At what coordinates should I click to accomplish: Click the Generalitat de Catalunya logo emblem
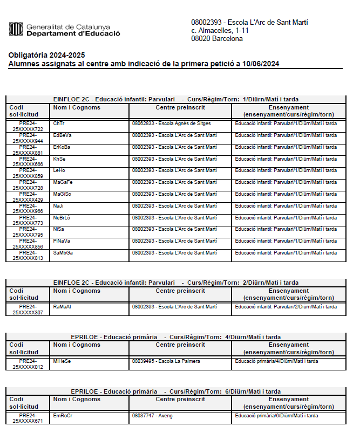click(16, 29)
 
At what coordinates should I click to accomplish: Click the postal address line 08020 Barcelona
click(217, 39)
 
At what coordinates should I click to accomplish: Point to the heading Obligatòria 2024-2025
click(46, 56)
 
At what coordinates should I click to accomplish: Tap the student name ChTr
click(58, 123)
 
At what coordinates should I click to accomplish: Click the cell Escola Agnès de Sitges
click(172, 123)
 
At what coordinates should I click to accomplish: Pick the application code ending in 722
click(28, 126)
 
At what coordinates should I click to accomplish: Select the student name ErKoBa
click(62, 147)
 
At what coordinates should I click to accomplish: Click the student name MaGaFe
click(63, 182)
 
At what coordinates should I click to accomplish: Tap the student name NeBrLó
click(62, 217)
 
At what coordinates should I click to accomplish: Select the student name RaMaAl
click(62, 306)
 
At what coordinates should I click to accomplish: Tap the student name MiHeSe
click(62, 361)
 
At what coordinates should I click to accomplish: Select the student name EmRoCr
click(63, 416)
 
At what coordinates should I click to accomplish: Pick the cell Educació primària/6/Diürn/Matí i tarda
click(276, 416)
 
